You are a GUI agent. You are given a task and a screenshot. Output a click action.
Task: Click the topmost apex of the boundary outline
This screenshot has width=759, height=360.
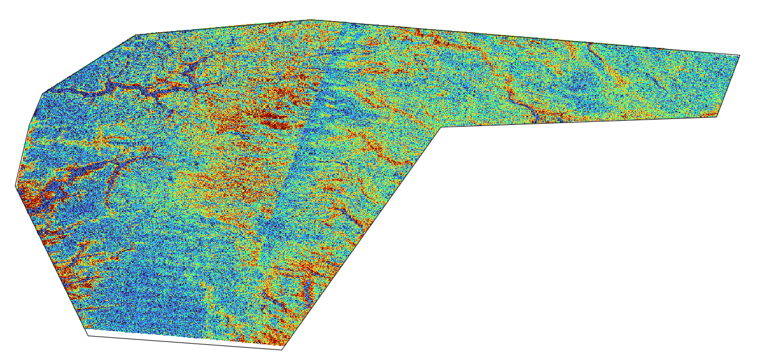click(x=309, y=20)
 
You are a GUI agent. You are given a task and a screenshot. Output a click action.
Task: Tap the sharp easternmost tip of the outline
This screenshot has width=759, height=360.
click(x=740, y=56)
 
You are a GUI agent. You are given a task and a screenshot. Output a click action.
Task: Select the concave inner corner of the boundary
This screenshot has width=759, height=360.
click(x=441, y=127)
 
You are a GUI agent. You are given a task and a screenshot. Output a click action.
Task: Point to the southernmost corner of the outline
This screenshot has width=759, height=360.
click(x=283, y=349)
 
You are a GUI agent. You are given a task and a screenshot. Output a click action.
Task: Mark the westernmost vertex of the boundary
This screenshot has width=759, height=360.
click(x=15, y=187)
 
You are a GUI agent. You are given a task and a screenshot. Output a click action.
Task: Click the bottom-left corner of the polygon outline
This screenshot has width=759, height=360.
click(x=88, y=335)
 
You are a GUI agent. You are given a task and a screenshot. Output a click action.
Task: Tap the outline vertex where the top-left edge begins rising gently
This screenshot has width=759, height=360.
click(x=135, y=35)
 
